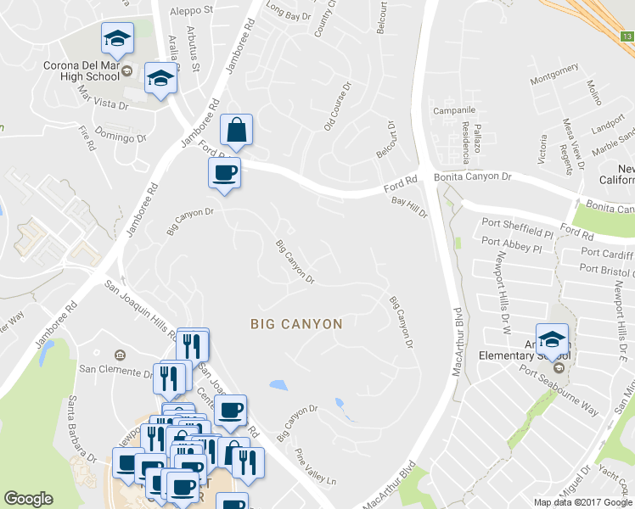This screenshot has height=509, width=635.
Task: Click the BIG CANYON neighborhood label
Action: [x=296, y=324]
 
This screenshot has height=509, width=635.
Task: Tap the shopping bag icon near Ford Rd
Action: [x=236, y=131]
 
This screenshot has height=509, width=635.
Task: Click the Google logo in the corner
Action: [x=28, y=499]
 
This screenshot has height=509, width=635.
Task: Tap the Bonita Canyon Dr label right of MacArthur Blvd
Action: [x=473, y=176]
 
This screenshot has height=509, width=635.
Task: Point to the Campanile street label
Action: [x=453, y=110]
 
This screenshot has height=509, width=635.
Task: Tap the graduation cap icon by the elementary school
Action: [x=552, y=339]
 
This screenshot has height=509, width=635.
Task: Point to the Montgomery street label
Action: [x=554, y=81]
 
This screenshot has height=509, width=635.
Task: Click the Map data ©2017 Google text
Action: [x=582, y=501]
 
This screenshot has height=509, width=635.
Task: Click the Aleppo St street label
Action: [x=191, y=10]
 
